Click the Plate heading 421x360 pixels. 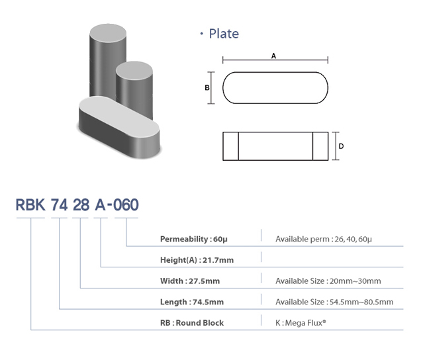(223, 34)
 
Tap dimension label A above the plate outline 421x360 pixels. (273, 56)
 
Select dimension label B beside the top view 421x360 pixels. (207, 87)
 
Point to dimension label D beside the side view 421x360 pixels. (341, 146)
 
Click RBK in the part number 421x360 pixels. (30, 205)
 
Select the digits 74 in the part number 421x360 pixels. (59, 205)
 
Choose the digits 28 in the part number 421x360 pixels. (81, 205)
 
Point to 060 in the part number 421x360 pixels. (126, 205)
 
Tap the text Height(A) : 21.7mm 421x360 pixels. (197, 260)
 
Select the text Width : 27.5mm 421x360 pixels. (190, 281)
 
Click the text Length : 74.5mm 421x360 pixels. (192, 302)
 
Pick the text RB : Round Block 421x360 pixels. (192, 323)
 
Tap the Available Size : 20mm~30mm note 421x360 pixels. (328, 281)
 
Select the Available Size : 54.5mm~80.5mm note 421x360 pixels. (334, 302)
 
